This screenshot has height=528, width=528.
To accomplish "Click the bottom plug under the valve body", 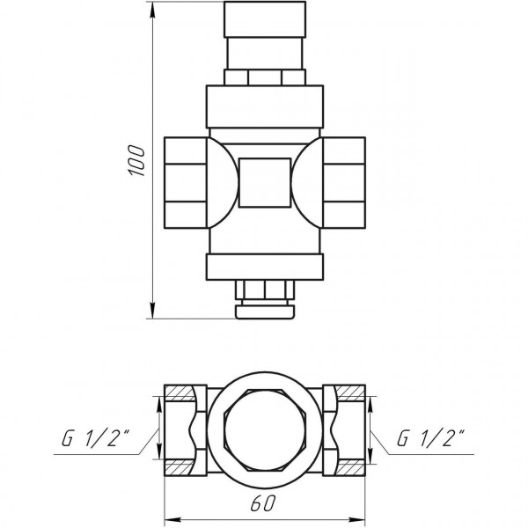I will click(265, 299).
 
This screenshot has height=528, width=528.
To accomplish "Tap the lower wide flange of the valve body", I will click(265, 266).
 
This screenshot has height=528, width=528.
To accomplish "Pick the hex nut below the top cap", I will click(265, 77).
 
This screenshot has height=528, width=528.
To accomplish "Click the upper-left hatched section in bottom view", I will click(181, 392).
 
